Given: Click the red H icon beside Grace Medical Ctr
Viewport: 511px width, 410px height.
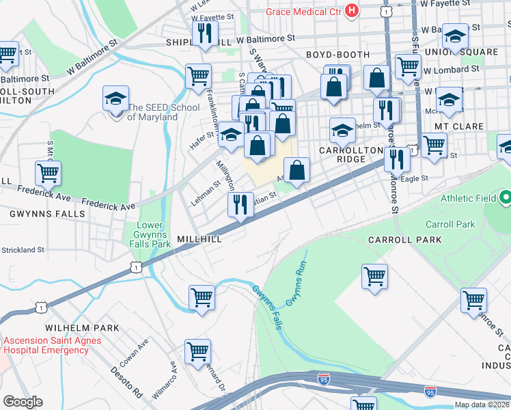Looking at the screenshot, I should coord(353,10).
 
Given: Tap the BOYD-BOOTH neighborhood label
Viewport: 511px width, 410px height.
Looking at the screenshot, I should coord(337,55).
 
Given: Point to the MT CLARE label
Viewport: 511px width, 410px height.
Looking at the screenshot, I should coord(459,126).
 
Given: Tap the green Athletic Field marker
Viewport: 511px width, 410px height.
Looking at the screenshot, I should coord(505,198).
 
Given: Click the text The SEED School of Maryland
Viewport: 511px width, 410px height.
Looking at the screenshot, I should coord(153,112).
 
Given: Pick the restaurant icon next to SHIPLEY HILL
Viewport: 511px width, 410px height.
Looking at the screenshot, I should coord(205,33).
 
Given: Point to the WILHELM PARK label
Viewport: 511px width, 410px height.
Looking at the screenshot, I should coord(82,328).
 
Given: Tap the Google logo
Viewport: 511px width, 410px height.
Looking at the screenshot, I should coord(23,402).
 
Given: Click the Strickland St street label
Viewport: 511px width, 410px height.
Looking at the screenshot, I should coord(22,250).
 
